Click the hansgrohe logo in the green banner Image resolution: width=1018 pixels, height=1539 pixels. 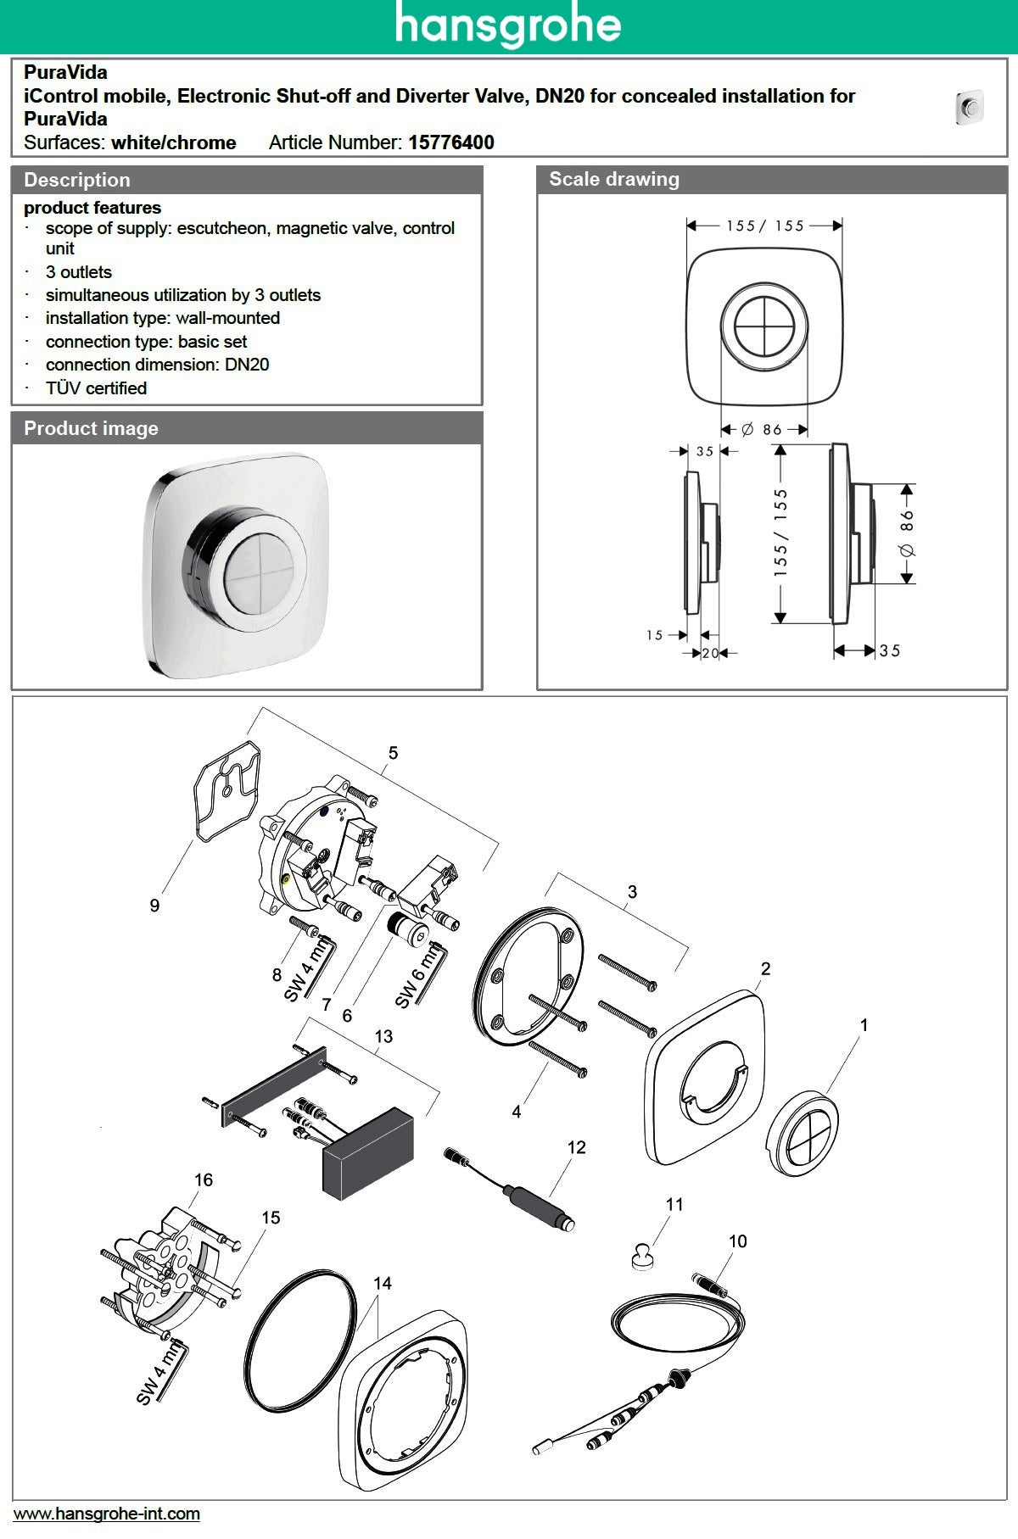tap(507, 25)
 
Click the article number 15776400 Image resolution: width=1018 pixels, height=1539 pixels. tap(450, 142)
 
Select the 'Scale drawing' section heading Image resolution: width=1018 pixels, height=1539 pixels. tap(614, 179)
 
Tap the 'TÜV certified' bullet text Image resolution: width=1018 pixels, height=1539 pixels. tap(96, 388)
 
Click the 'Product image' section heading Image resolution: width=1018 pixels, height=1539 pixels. tap(91, 428)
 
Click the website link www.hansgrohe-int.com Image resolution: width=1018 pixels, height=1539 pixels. tap(107, 1514)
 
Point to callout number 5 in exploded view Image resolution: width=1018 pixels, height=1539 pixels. tap(393, 753)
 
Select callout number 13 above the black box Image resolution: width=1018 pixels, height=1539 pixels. tap(383, 1036)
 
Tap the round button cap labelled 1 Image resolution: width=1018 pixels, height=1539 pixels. tap(802, 1134)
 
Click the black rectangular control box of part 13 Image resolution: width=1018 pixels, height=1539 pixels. tap(368, 1153)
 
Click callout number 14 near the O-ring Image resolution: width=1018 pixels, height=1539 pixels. tap(383, 1283)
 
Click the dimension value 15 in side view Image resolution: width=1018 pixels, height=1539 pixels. tap(654, 635)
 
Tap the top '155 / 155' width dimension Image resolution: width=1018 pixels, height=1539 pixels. tap(764, 226)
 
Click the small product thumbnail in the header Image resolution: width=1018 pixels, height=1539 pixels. tap(969, 108)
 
